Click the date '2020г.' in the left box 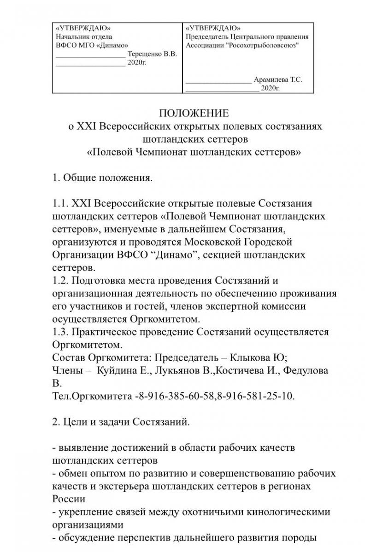point(137,63)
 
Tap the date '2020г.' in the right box point(270,88)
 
